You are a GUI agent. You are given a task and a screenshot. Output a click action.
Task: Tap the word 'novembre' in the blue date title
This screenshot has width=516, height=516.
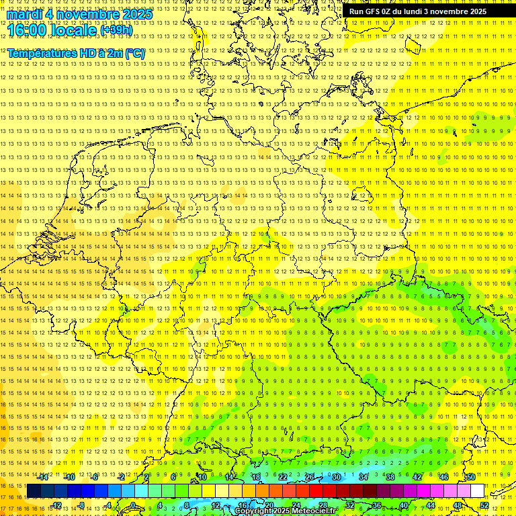pos(88,13)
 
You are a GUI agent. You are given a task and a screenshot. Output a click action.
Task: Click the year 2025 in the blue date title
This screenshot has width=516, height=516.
pos(134,13)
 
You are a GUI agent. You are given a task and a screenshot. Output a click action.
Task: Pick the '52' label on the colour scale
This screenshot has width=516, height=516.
pos(484,505)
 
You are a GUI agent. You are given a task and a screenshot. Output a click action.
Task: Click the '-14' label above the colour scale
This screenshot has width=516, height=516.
pos(44,477)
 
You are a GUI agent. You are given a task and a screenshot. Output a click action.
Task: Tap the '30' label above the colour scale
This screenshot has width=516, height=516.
pos(337,477)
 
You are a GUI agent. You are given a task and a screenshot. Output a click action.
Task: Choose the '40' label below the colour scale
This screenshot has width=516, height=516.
pos(404,505)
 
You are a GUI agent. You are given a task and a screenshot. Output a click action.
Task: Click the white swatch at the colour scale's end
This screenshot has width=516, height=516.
pos(477,491)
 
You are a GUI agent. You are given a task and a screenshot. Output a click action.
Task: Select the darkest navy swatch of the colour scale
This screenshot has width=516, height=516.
pos(34,491)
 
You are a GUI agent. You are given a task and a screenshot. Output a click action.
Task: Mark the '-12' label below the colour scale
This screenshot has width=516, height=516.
pos(57,505)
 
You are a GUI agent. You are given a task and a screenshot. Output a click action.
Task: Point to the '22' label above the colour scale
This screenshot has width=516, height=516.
pos(283,477)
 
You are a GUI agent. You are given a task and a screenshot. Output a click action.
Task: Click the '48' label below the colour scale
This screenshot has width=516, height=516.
pos(458,505)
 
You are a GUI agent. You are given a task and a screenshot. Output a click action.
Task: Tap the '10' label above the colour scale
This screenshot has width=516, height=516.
pos(202,477)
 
